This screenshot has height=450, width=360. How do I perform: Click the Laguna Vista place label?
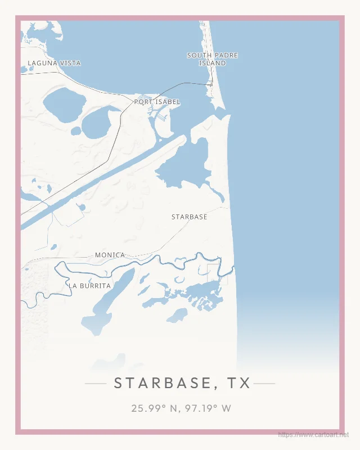[x=54, y=63]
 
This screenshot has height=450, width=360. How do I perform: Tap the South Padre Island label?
[x=212, y=59]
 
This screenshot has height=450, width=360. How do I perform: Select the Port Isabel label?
[x=157, y=102]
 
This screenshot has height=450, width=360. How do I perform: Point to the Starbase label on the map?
[x=189, y=217]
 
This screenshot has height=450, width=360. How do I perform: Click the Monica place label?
[x=110, y=255]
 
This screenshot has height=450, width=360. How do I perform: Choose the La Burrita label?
[x=90, y=286]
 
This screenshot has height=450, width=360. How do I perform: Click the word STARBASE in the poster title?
[x=161, y=383]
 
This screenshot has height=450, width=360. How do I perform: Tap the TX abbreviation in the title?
[x=239, y=383]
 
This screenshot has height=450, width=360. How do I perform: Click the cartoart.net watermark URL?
[x=313, y=435]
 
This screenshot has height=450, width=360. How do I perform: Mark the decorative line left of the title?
[x=95, y=384]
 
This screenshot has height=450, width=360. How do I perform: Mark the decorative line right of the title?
[x=264, y=384]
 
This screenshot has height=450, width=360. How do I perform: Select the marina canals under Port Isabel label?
[x=159, y=115]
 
